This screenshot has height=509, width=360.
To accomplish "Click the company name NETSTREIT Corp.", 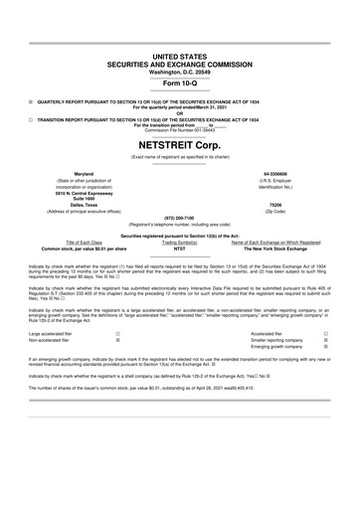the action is point(180,144).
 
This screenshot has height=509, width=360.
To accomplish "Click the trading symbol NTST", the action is point(180,249).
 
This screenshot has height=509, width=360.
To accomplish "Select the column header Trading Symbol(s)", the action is point(180,242).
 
